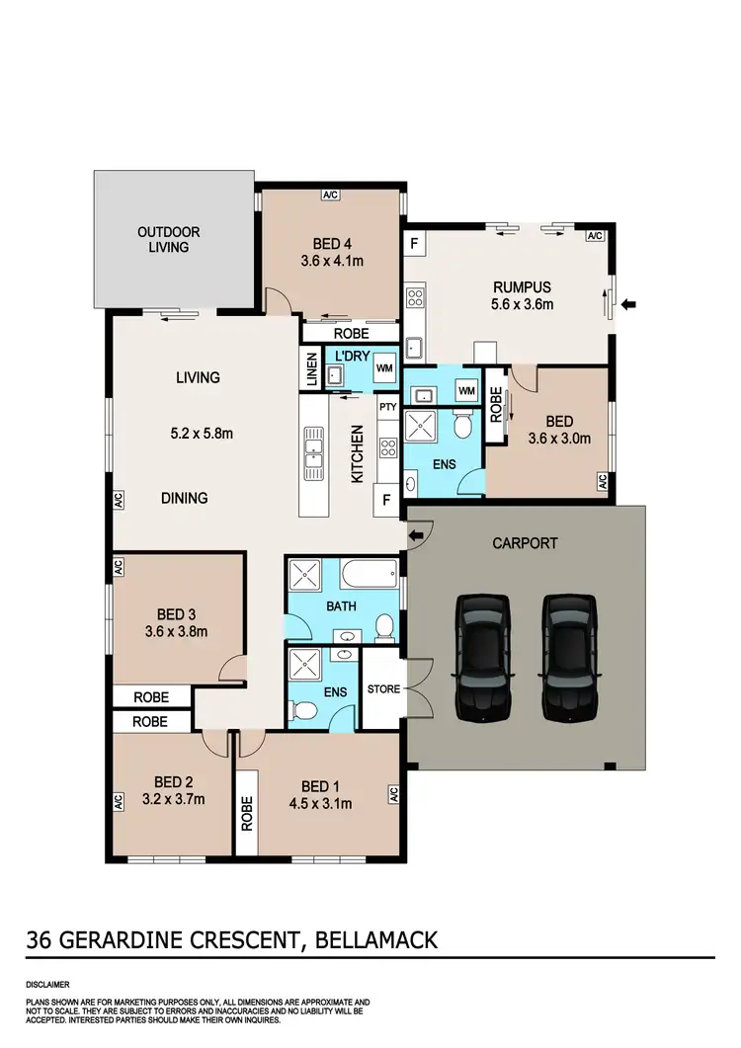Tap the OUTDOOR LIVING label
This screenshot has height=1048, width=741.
tap(168, 239)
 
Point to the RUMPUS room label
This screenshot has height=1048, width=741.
tap(522, 288)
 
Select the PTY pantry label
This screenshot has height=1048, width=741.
tap(387, 406)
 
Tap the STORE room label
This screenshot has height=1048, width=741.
tap(382, 688)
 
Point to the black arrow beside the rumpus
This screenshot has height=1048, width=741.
tap(630, 304)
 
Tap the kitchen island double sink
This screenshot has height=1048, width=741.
tap(313, 450)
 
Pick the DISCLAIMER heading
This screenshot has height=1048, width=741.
tap(48, 985)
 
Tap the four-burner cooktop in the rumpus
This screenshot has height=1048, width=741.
tap(415, 296)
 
